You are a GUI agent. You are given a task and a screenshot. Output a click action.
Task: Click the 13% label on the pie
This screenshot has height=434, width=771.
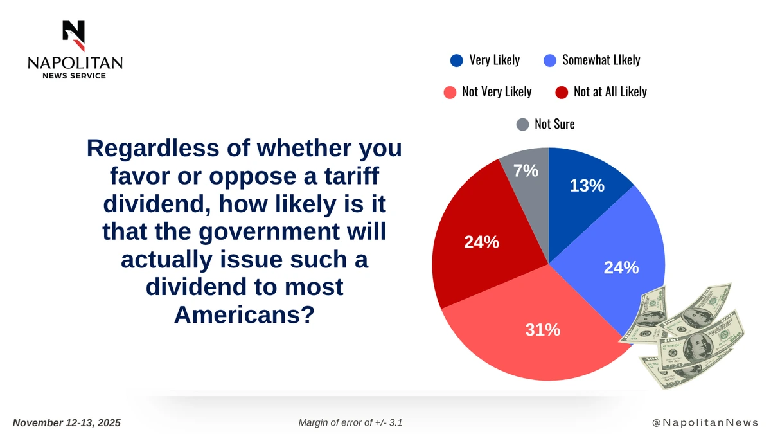tap(587, 185)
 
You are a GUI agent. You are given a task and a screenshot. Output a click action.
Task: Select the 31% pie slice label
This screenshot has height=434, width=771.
tap(543, 330)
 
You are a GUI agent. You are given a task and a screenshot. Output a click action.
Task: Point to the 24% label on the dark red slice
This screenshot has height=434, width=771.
tap(481, 242)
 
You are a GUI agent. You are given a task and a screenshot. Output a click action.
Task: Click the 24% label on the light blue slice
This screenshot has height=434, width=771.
tap(621, 267)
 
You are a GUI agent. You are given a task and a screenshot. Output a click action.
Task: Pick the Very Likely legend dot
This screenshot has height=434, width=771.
tap(457, 60)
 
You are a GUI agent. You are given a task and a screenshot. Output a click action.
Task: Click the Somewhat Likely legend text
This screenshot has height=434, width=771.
tap(601, 60)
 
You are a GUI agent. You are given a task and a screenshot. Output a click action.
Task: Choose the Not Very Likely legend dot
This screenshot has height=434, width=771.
tap(450, 92)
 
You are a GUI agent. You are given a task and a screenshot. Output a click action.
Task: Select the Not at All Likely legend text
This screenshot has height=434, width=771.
tap(610, 91)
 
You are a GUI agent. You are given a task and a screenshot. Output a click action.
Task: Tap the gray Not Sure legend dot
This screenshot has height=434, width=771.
tap(522, 124)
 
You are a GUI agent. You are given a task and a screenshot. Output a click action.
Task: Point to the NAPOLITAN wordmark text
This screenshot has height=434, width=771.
tap(75, 63)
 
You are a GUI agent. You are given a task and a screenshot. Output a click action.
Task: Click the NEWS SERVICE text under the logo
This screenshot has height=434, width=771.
tap(75, 76)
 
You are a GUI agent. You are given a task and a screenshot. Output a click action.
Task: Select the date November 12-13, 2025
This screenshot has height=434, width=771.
tap(67, 423)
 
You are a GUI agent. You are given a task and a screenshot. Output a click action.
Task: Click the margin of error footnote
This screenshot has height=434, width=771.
tap(351, 423)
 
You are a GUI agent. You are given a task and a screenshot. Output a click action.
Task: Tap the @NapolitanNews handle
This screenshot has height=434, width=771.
tap(705, 423)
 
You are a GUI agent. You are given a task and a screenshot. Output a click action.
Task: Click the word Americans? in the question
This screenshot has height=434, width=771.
tap(244, 315)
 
